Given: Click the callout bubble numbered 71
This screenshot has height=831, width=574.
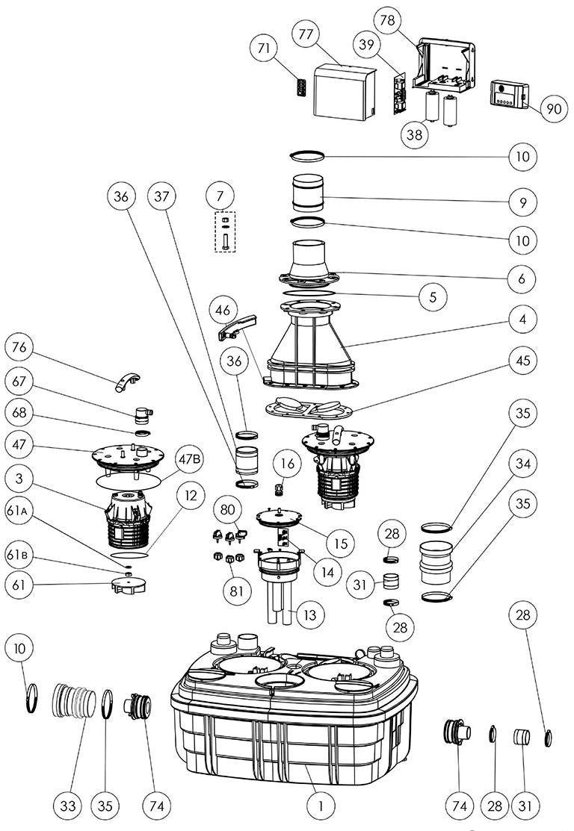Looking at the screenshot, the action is click(x=264, y=49).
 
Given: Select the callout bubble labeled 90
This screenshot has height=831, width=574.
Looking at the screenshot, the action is click(x=553, y=109).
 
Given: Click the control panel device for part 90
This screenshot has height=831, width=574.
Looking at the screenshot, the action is click(x=508, y=95).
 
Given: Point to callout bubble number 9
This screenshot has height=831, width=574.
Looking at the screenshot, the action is click(x=522, y=202).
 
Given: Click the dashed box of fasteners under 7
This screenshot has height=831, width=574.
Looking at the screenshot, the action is click(x=225, y=231).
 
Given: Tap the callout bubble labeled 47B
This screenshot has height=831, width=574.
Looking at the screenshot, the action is click(x=189, y=459).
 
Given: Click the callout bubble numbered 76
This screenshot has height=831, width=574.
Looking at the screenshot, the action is click(x=19, y=347).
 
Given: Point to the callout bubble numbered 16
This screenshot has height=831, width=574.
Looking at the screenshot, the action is click(x=287, y=464).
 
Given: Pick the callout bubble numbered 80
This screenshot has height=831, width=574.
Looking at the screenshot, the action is click(x=228, y=509).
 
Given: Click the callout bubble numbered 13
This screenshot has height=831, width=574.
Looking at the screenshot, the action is click(x=309, y=614).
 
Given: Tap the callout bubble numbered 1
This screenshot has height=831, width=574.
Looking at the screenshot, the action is click(x=321, y=806).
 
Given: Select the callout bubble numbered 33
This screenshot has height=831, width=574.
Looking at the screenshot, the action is click(x=67, y=806).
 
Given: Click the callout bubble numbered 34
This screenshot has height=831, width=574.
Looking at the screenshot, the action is click(x=522, y=464).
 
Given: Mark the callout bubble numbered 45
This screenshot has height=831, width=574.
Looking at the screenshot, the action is click(x=522, y=361).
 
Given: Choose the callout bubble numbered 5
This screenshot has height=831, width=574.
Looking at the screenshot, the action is click(x=433, y=296).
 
